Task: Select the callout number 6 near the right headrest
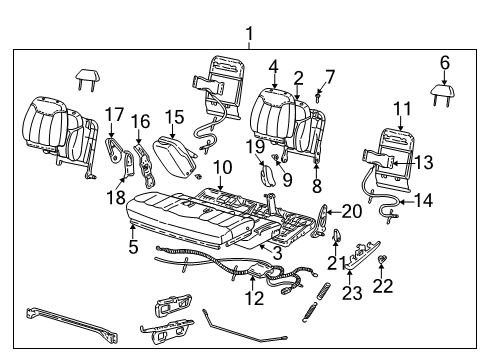[x=445, y=62]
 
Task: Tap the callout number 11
[x=402, y=108]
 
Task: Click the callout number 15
[x=175, y=117]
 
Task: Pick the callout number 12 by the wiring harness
[x=256, y=297]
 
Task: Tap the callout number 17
[x=114, y=113]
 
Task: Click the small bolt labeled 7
[x=317, y=96]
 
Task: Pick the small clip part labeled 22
[x=384, y=263]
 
